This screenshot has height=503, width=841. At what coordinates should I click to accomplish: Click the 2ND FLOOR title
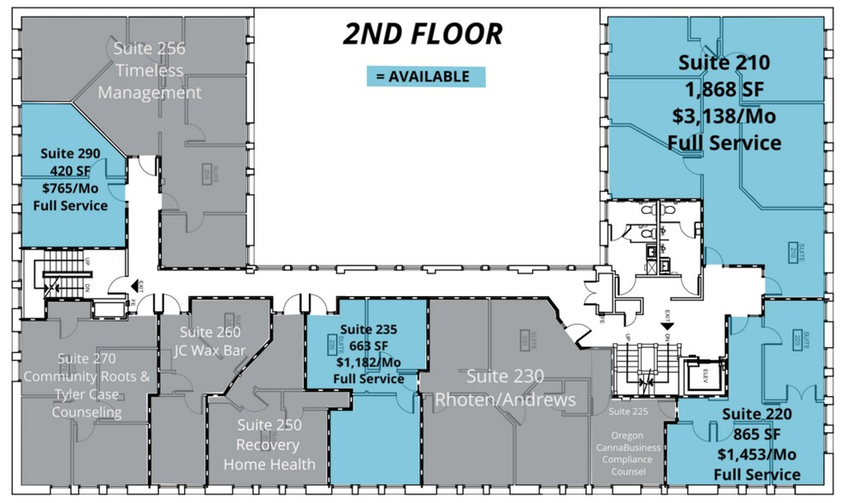point(423,34)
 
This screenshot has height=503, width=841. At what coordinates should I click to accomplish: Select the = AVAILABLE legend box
point(426,76)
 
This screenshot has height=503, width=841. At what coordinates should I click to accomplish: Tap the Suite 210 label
point(724,62)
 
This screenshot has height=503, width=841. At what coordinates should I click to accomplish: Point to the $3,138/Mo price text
point(724,115)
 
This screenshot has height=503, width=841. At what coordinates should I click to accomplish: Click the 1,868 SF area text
point(724,89)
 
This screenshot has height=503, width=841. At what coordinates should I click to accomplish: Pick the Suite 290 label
point(70,154)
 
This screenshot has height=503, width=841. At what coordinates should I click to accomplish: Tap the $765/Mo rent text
point(70,188)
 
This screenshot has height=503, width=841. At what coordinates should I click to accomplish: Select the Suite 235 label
point(368,328)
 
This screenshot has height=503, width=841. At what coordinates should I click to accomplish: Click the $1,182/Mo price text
point(368,362)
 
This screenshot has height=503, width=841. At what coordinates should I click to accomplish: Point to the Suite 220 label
point(756,414)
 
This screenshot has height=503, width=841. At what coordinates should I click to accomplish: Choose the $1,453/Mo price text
point(756,454)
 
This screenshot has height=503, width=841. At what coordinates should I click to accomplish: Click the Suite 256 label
point(150,49)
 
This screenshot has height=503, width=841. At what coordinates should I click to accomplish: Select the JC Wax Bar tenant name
point(210,350)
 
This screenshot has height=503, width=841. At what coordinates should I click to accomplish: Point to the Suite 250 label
point(269,424)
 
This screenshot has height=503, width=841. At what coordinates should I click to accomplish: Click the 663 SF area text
point(368,346)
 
